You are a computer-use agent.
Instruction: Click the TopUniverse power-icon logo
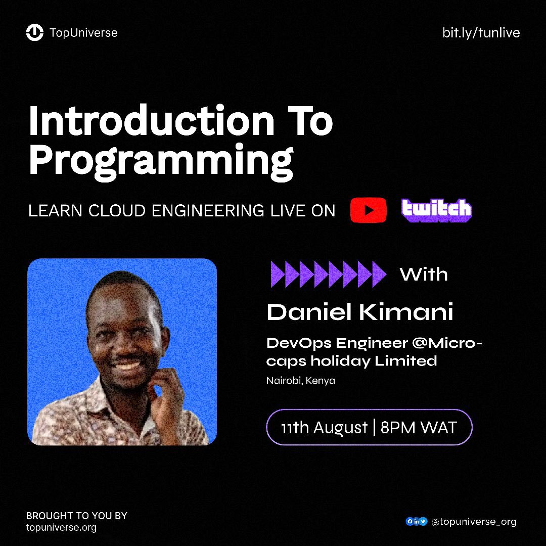tap(35, 33)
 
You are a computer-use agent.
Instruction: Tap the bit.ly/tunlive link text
tap(481, 33)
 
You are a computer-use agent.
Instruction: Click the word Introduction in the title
tap(151, 122)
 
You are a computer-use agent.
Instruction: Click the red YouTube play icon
tap(368, 210)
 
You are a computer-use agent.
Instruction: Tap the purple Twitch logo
tap(436, 210)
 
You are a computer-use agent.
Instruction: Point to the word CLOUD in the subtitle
tap(118, 211)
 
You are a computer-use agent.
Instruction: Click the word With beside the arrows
tap(424, 275)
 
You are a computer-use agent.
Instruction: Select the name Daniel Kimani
tap(359, 312)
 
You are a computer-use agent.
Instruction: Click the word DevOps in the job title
tap(299, 343)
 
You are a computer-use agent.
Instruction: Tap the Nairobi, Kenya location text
tap(300, 381)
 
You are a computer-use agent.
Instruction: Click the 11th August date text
tap(324, 428)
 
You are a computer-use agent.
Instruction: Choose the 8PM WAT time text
tap(419, 428)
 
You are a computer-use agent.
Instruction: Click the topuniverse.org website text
tap(61, 528)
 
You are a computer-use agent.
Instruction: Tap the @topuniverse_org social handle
tap(474, 522)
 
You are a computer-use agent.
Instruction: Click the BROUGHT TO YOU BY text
tap(76, 516)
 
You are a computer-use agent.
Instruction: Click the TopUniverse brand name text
tap(83, 33)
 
